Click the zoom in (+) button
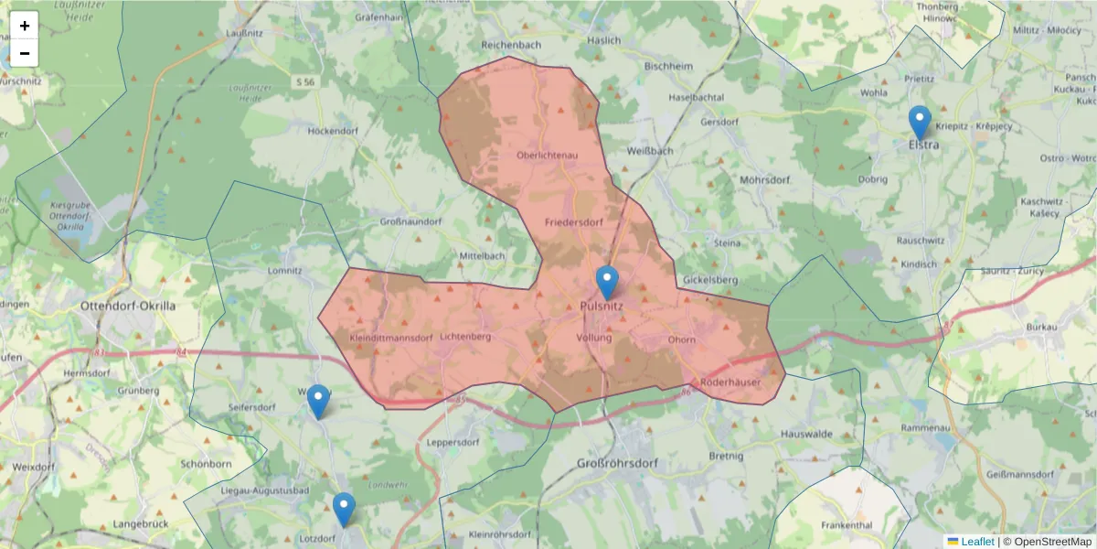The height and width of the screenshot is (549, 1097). click(x=25, y=26)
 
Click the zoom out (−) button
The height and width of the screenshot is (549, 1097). click(x=25, y=53)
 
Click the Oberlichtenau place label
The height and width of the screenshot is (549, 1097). click(x=548, y=156)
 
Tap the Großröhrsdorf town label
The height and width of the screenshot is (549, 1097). click(x=617, y=464)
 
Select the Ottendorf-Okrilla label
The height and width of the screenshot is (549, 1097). click(x=128, y=306)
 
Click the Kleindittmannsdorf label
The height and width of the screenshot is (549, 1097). click(x=390, y=338)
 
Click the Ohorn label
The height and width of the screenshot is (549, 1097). click(x=681, y=340)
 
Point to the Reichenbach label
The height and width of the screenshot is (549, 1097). click(x=511, y=44)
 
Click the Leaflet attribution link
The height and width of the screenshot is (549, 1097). click(x=976, y=542)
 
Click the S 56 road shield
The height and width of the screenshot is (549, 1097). click(x=305, y=82)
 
